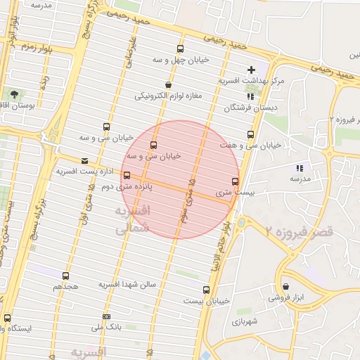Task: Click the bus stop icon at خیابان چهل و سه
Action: [180, 49]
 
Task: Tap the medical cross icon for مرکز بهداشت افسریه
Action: [251, 70]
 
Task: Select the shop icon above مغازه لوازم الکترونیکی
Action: [167, 85]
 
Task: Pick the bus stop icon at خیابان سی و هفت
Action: [250, 134]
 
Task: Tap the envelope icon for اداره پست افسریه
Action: [85, 160]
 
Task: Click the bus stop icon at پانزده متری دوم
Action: [127, 175]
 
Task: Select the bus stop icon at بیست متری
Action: [235, 180]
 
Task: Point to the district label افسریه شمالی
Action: [131, 220]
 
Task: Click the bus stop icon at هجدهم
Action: [66, 276]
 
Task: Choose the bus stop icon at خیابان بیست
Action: [206, 289]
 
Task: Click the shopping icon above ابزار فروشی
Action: [285, 286]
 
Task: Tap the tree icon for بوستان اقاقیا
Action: [14, 94]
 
